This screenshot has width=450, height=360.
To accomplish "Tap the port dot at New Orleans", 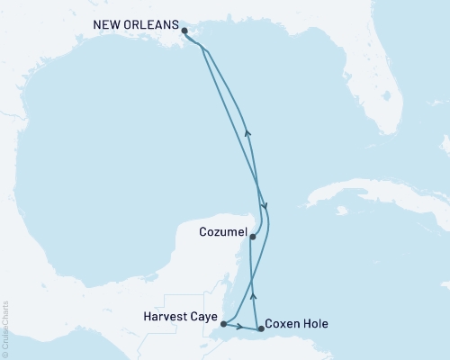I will click(184, 31).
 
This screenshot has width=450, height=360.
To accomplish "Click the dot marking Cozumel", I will click(253, 238).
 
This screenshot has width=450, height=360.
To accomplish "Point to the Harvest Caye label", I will click(179, 317).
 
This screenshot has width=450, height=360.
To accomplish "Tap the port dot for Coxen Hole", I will click(261, 329).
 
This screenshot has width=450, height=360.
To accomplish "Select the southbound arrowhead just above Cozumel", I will click(264, 209).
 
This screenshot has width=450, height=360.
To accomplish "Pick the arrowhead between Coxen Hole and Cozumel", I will click(253, 293).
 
